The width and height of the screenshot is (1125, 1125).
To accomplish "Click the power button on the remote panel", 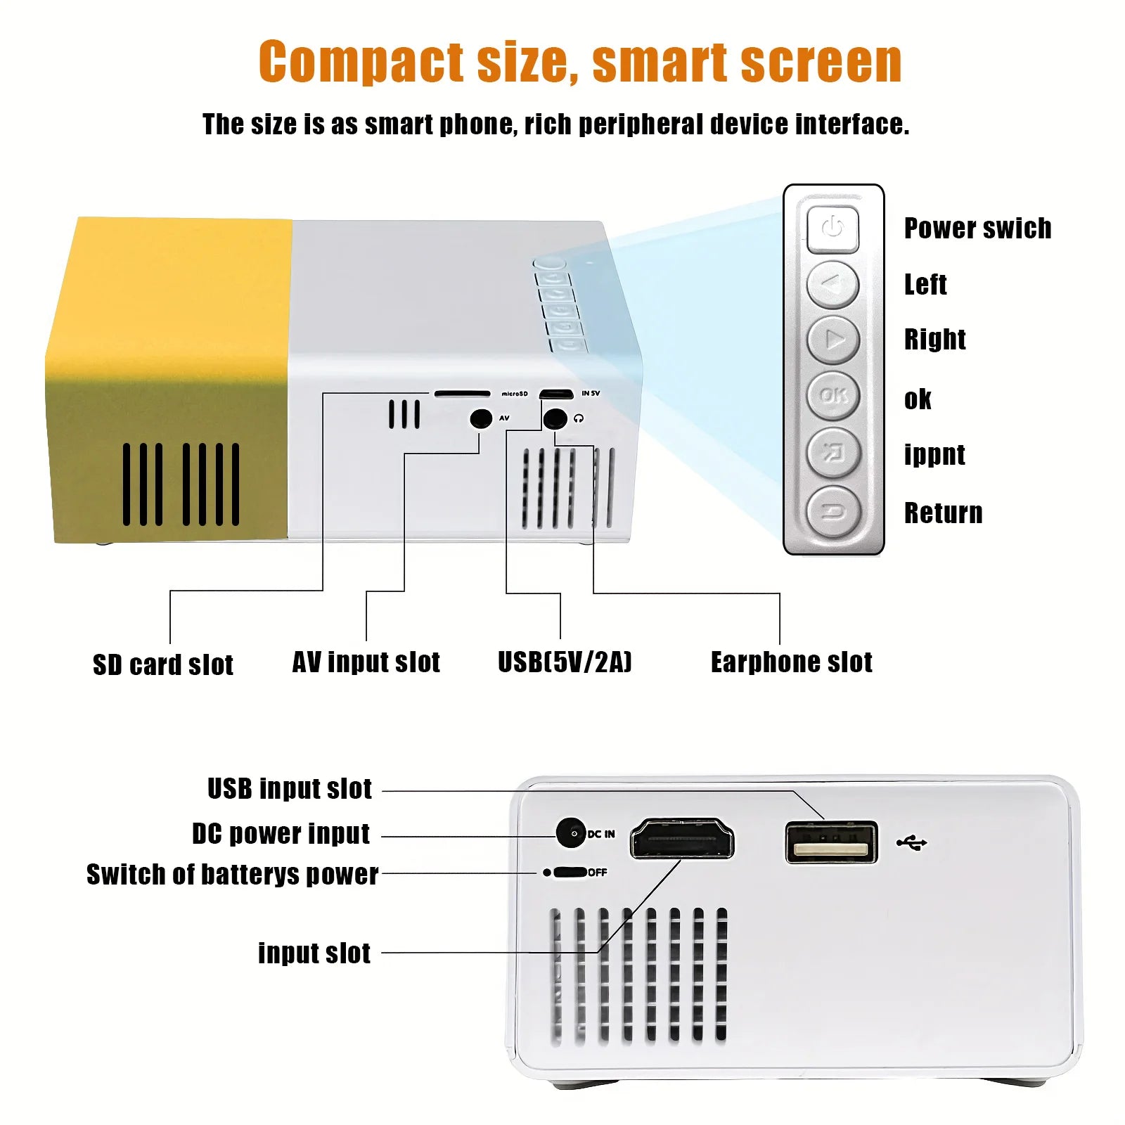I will click(x=833, y=229).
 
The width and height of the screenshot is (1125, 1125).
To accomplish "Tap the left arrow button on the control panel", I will click(x=833, y=285).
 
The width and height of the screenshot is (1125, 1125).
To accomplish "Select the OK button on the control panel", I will click(x=833, y=395).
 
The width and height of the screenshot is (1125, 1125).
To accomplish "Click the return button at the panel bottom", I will click(x=833, y=511).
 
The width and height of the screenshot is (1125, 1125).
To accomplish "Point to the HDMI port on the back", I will click(x=681, y=838).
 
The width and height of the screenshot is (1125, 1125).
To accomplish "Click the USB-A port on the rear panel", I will click(x=832, y=842).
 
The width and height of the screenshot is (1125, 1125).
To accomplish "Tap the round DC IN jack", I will click(x=571, y=833).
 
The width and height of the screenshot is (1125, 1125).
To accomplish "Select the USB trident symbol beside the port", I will click(x=912, y=842).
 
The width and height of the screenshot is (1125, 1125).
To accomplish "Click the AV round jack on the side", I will click(x=481, y=418).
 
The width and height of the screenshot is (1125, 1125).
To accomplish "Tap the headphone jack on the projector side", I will click(x=555, y=418).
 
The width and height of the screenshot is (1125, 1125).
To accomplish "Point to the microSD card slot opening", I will click(x=462, y=394).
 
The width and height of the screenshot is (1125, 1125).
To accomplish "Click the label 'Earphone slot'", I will click(x=791, y=662).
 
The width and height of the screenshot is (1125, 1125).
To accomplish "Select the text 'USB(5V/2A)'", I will click(x=565, y=662).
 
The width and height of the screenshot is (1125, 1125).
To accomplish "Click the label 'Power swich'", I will click(x=977, y=229).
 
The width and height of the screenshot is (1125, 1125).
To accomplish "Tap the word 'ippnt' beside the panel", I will click(x=934, y=455).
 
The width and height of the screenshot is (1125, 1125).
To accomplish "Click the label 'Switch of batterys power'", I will click(x=232, y=874).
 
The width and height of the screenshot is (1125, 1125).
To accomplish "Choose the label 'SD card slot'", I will click(x=163, y=664).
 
